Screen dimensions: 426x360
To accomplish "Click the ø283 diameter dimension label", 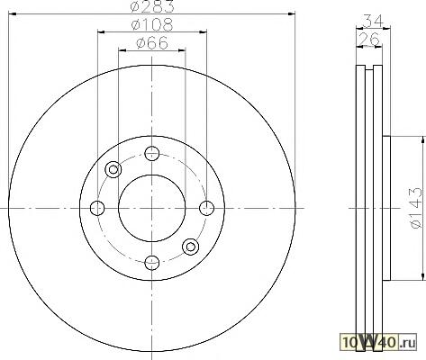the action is point(152,6).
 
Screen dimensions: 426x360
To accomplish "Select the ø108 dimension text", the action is point(152,24).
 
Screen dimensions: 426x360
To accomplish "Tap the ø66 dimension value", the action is point(152,42).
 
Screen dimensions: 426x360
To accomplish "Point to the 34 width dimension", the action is point(373,21).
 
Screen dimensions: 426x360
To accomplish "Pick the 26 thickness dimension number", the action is point(369,39).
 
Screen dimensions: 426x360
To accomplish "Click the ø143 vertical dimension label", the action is point(416,208).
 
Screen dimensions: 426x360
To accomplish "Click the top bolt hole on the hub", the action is point(151,154).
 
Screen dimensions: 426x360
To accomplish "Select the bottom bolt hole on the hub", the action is point(151,263).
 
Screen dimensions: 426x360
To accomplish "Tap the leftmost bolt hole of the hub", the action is point(97,208).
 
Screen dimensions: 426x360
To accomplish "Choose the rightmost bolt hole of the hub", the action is point(206,208).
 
